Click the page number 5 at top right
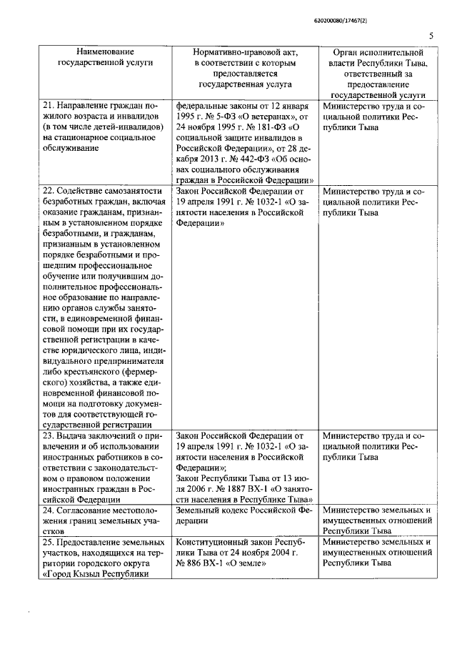[431, 35]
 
